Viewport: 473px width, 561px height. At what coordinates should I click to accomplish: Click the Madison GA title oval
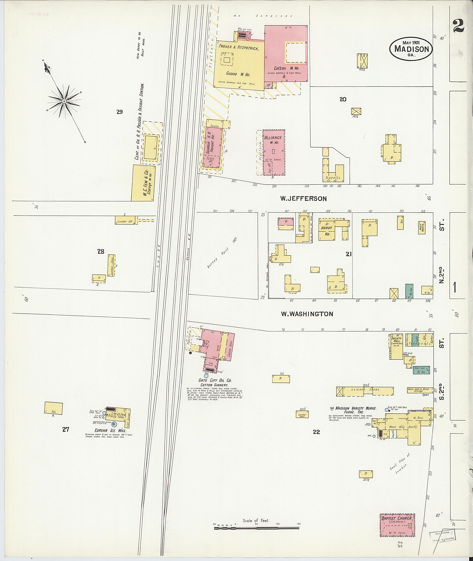(x=411, y=49)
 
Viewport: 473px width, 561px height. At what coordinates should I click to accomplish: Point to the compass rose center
(x=64, y=101)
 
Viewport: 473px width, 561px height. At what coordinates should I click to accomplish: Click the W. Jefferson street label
(x=303, y=199)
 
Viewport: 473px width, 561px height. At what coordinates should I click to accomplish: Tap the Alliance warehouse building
(x=273, y=152)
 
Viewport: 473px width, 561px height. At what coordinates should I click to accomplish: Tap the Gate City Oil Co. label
(x=215, y=380)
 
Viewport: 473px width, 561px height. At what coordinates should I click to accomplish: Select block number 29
(x=119, y=112)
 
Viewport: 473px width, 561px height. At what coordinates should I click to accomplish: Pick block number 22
(x=316, y=432)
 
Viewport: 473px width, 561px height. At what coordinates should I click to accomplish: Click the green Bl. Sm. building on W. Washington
(x=409, y=291)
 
